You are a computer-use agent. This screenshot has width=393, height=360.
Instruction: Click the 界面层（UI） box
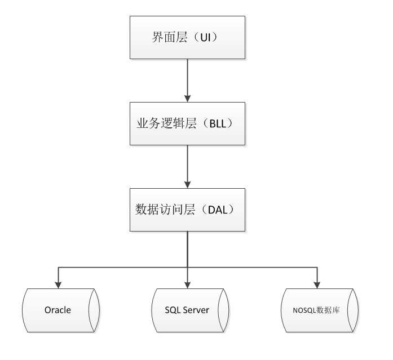[188, 37]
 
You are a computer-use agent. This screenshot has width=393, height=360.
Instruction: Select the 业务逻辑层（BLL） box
[188, 123]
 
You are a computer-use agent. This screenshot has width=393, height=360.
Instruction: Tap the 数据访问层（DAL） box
[188, 209]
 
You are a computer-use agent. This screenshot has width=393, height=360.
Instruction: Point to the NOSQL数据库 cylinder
[317, 310]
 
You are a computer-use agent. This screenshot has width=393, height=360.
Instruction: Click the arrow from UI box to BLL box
[188, 79]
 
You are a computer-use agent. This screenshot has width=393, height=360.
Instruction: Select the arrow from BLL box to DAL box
[188, 166]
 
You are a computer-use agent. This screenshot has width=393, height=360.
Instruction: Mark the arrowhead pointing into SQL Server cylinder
[188, 283]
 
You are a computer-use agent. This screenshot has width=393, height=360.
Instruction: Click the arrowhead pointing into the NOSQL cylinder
[317, 283]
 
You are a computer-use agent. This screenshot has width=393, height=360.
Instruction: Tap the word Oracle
[58, 310]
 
